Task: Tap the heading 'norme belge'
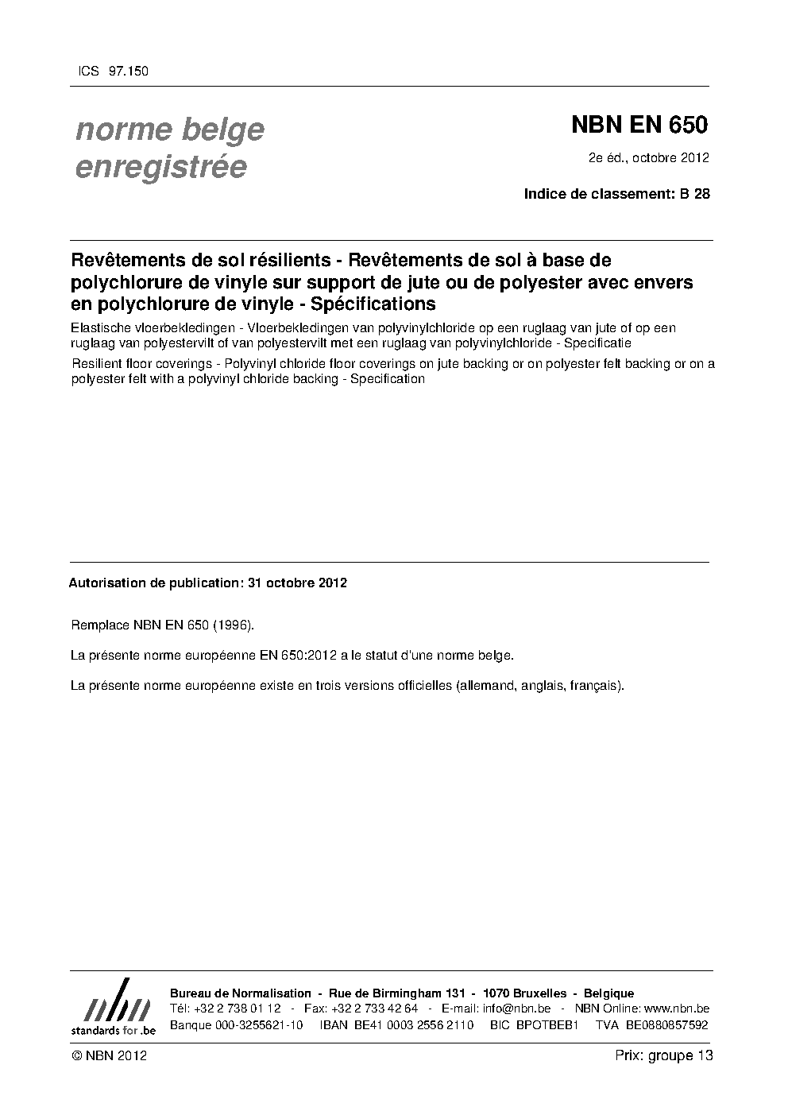click(169, 130)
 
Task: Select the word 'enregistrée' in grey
click(160, 168)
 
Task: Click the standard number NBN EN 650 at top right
click(639, 126)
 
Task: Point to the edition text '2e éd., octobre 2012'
click(648, 157)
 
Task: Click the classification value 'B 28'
click(694, 193)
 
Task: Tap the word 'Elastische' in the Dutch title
click(98, 328)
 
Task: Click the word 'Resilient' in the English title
click(96, 365)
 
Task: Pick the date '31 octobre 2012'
click(297, 583)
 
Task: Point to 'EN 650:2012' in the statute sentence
click(303, 656)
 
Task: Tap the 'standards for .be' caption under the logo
click(114, 1030)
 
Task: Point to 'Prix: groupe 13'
click(664, 1056)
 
